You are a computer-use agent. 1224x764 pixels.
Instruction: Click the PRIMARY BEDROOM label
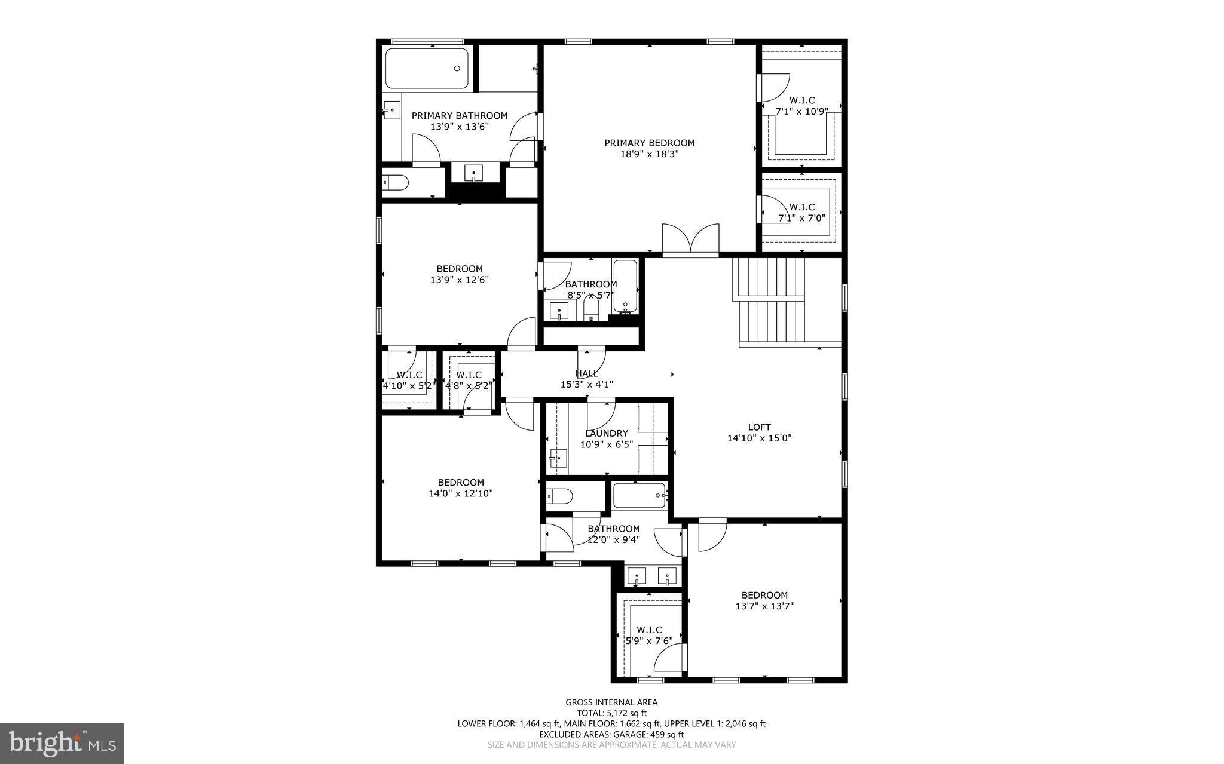649,143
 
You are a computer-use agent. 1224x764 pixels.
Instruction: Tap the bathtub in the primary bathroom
426,68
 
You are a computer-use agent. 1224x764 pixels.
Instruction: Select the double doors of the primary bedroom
690,241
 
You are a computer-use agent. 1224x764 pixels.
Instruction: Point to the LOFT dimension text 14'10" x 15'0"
759,438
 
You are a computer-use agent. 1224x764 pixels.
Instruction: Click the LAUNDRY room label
606,434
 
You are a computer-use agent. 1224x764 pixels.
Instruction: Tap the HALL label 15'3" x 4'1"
586,379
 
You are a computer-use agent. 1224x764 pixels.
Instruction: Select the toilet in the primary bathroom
395,182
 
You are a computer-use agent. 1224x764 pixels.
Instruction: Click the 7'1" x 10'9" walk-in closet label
801,106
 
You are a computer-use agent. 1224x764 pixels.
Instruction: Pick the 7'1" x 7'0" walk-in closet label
801,213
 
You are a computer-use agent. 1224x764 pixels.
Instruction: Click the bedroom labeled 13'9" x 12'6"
459,274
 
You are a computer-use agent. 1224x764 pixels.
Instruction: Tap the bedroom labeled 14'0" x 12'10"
460,488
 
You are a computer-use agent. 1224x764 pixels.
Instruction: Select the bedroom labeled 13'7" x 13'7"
764,600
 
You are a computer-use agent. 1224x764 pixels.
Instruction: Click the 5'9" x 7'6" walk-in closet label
648,636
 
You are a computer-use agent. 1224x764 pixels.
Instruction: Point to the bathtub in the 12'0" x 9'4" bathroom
639,496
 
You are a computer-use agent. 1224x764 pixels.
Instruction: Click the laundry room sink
557,458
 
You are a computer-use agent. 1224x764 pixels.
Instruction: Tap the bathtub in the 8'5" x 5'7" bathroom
625,286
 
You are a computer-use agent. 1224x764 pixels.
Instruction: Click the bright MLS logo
62,743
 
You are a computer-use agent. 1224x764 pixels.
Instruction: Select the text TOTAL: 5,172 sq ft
611,713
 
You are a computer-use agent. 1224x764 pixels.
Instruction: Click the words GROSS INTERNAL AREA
611,702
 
